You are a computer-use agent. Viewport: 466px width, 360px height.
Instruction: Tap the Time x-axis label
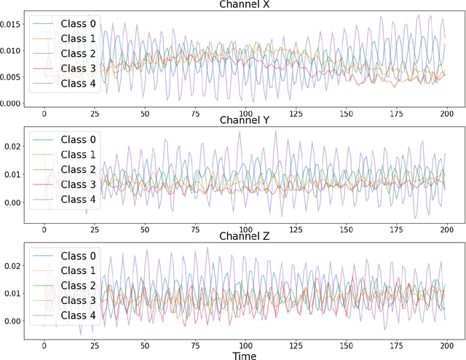coord(245,353)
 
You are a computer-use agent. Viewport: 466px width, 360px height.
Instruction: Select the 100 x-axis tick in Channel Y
coord(246,229)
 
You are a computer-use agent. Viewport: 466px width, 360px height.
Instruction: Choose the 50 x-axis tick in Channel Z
coord(145,345)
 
